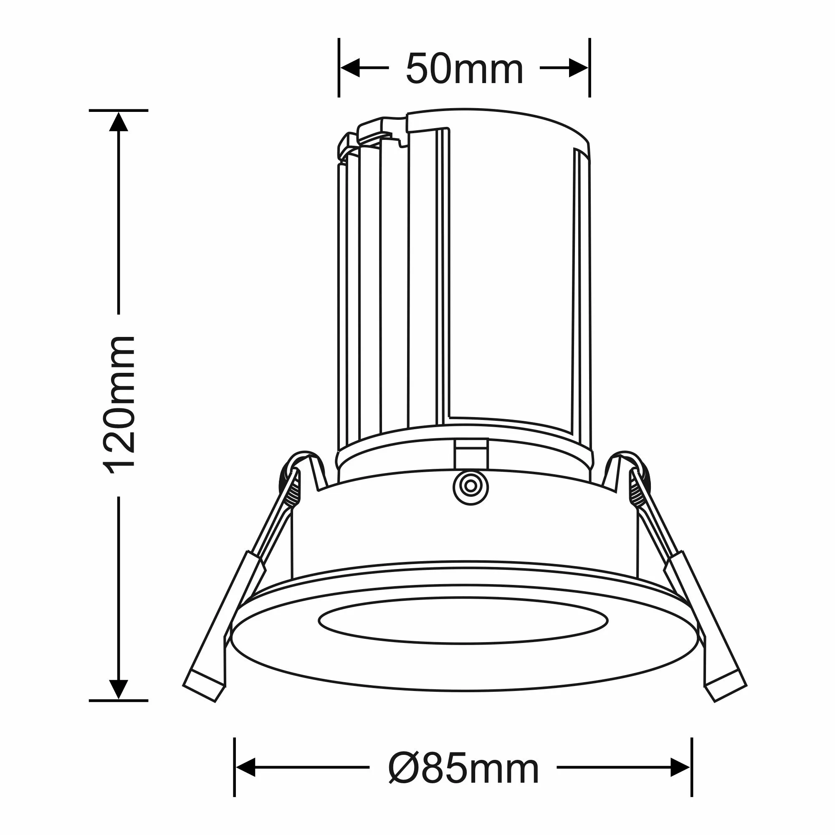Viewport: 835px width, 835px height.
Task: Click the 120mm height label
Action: (x=119, y=405)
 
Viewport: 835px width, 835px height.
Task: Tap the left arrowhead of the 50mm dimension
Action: (x=350, y=68)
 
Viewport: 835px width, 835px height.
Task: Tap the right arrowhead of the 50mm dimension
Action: (x=578, y=68)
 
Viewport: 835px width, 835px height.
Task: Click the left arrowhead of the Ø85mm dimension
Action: (x=245, y=767)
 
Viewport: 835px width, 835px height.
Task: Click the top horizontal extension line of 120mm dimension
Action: (x=119, y=111)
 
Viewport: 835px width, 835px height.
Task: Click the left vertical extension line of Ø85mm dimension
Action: (x=234, y=767)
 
